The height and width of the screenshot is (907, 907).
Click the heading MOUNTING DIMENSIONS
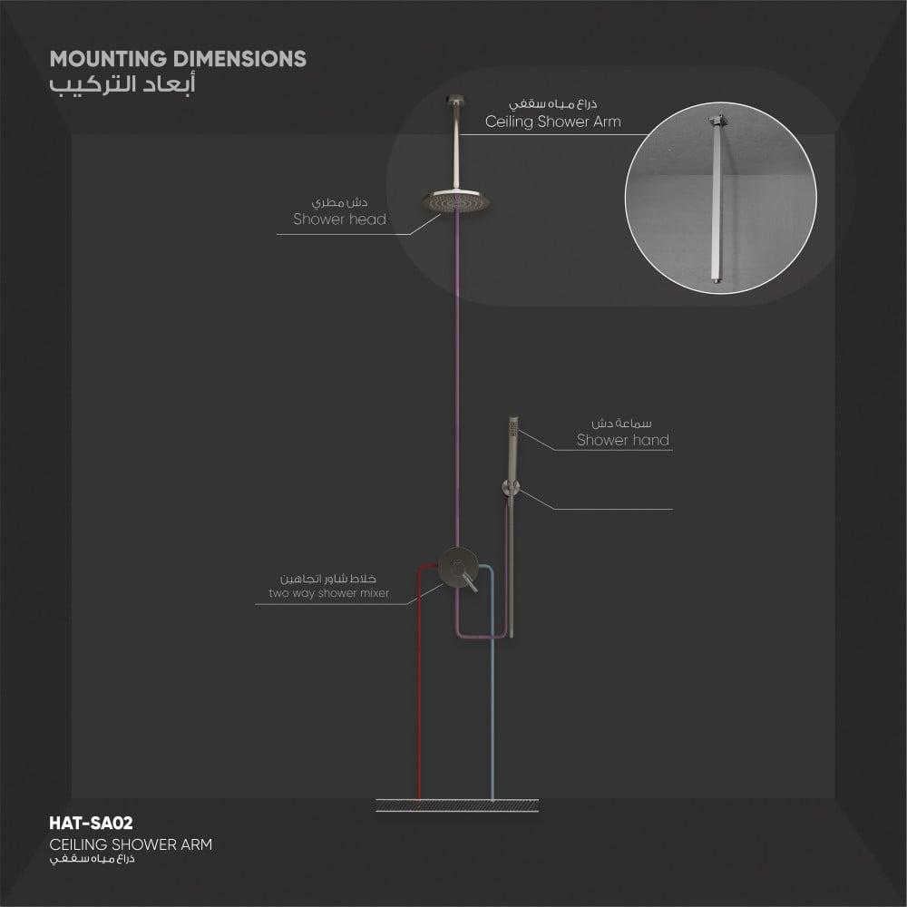pyautogui.click(x=178, y=59)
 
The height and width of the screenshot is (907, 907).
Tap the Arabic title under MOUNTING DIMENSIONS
pyautogui.click(x=122, y=83)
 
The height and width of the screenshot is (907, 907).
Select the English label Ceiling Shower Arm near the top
pyautogui.click(x=553, y=122)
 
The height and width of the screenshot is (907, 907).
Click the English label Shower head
pyautogui.click(x=339, y=219)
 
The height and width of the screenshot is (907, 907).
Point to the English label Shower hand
pyautogui.click(x=623, y=440)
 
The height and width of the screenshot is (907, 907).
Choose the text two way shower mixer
pyautogui.click(x=328, y=593)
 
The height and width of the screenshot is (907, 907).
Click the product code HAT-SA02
pyautogui.click(x=91, y=824)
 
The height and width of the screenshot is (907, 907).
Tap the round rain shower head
pyautogui.click(x=457, y=200)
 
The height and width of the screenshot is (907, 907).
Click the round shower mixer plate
pyautogui.click(x=457, y=567)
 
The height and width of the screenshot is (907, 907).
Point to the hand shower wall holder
pyautogui.click(x=510, y=488)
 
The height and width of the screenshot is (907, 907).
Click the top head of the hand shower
pyautogui.click(x=513, y=429)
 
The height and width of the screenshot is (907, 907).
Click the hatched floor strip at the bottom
pyautogui.click(x=457, y=805)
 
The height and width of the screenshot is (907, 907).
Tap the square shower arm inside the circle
pyautogui.click(x=717, y=202)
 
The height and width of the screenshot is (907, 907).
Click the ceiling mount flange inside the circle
pyautogui.click(x=717, y=121)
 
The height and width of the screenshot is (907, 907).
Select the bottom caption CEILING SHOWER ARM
pyautogui.click(x=131, y=844)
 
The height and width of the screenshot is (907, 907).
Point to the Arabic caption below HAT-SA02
pyautogui.click(x=92, y=858)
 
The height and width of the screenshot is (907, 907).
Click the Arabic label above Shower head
pyautogui.click(x=339, y=202)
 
